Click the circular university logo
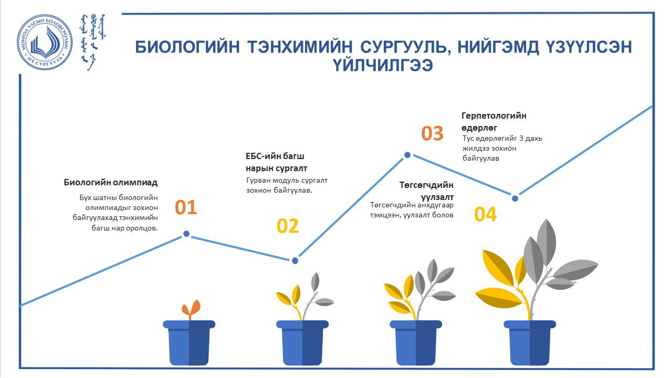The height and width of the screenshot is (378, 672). (45, 43)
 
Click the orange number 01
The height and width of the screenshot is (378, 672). (186, 207)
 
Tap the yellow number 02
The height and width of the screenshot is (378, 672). (288, 226)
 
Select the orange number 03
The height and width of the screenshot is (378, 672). (432, 133)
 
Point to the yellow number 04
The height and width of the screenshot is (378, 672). (486, 214)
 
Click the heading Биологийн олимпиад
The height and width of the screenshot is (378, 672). (111, 182)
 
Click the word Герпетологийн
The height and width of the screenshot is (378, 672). (494, 115)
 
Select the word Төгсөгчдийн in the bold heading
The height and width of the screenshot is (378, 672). (426, 185)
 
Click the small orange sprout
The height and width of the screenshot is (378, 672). (191, 309)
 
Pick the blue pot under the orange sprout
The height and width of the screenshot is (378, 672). (189, 343)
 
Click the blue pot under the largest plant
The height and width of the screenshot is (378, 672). (530, 343)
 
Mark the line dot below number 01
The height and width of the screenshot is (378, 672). (186, 234)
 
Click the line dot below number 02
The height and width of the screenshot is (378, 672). (295, 260)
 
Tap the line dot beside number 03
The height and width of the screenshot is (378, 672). (407, 155)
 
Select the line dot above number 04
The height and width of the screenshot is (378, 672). (515, 198)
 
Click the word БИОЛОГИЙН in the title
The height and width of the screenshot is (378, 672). (188, 47)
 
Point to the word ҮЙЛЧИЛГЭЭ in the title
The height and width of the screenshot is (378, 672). (383, 65)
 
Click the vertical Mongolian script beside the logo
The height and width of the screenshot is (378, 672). (93, 42)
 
